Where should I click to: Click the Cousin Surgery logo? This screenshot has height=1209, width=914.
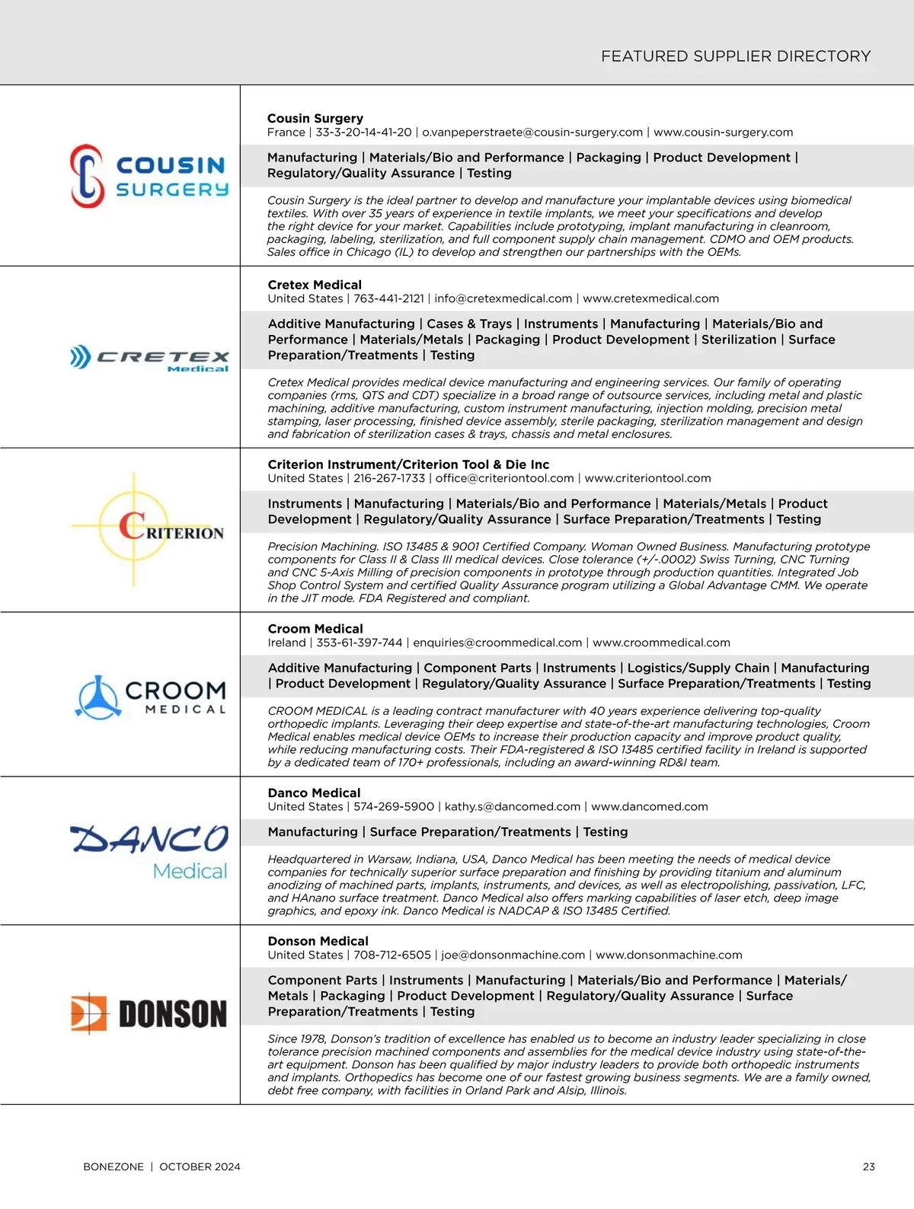coord(149,177)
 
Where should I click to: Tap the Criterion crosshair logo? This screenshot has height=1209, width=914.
coord(149,529)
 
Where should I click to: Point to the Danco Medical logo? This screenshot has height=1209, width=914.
coord(149,851)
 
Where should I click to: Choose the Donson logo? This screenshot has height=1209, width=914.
coord(149,1014)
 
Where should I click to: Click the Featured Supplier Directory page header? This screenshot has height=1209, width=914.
coord(735,56)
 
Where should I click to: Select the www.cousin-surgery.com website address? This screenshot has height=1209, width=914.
coord(723,132)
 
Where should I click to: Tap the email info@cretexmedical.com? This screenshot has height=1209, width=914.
coord(503,298)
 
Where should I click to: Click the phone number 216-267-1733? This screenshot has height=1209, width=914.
coord(388,478)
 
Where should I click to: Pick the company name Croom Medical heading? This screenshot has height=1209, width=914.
coord(315,629)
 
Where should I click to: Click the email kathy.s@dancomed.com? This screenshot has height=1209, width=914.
coord(512,806)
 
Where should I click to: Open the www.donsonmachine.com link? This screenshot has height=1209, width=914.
coord(668,955)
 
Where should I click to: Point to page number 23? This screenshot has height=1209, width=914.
coord(868,1166)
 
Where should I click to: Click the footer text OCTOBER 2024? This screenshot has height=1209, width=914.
coord(200,1166)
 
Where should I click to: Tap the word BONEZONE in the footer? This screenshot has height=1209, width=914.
coord(113,1166)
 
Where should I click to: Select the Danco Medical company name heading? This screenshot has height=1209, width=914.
coord(314,793)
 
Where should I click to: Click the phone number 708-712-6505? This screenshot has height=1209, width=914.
coord(391,955)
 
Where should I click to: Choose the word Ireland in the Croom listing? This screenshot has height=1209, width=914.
coord(286,643)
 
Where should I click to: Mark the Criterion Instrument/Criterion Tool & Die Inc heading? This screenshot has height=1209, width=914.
coord(408,464)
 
